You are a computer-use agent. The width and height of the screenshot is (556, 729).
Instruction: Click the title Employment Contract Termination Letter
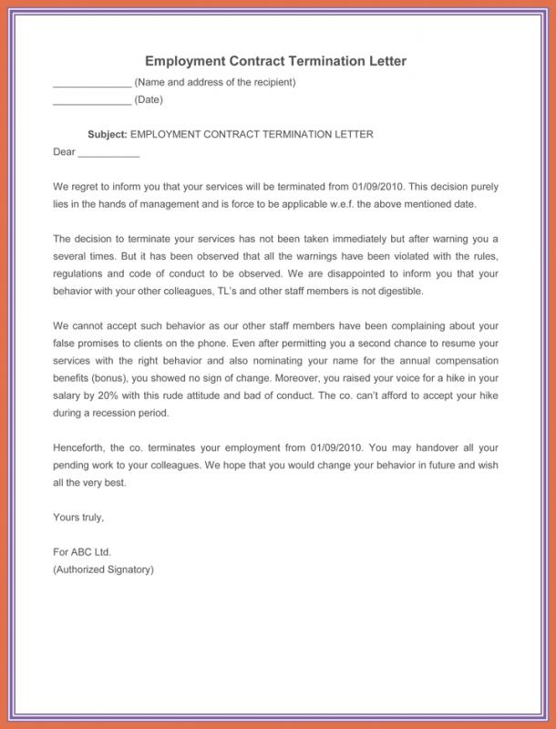click(x=274, y=61)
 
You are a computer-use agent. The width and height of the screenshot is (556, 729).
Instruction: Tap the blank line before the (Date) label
click(x=92, y=101)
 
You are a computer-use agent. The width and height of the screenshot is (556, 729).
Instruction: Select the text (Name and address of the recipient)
click(x=215, y=83)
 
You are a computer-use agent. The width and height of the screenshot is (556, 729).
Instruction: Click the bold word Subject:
click(x=108, y=134)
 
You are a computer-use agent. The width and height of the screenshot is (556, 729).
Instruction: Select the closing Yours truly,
click(x=79, y=518)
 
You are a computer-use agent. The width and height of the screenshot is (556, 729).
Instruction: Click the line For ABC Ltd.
click(x=82, y=552)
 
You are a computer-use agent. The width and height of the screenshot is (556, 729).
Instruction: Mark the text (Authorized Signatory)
click(x=104, y=570)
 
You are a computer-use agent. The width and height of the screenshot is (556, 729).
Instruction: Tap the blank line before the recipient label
click(x=92, y=84)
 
